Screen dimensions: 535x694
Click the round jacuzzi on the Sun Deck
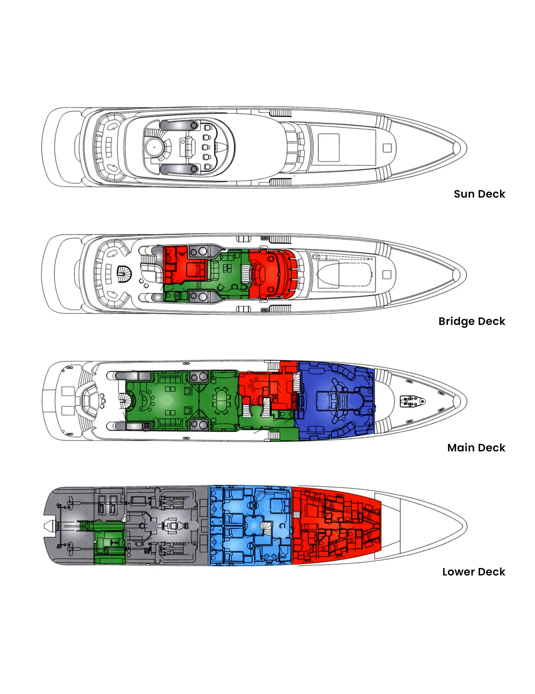155,147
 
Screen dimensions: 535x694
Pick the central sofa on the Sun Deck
188,147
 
